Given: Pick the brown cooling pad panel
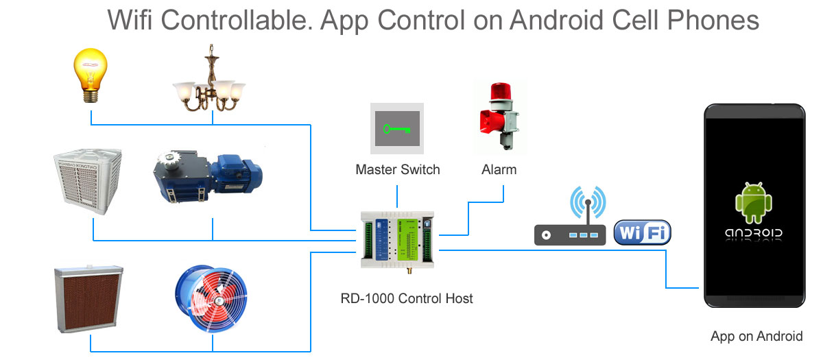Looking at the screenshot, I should tap(89, 299).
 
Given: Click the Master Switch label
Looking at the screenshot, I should tap(398, 169).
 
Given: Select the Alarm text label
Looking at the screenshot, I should tap(499, 169).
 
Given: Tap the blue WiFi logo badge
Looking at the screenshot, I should tap(642, 233).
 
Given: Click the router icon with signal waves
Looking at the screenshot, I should tap(571, 219).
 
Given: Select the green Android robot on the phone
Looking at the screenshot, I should tap(754, 203).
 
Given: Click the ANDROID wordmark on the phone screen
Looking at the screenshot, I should tap(754, 233).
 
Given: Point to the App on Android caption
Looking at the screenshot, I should tap(756, 336).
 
